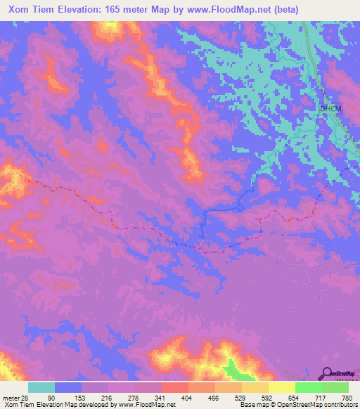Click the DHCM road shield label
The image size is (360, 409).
pos(329,109)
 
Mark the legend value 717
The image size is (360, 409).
pos(309,398)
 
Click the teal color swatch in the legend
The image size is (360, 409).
pos(41,387)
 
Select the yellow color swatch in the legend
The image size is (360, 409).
pos(282,387)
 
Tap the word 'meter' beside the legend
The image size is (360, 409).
pos(9,398)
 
